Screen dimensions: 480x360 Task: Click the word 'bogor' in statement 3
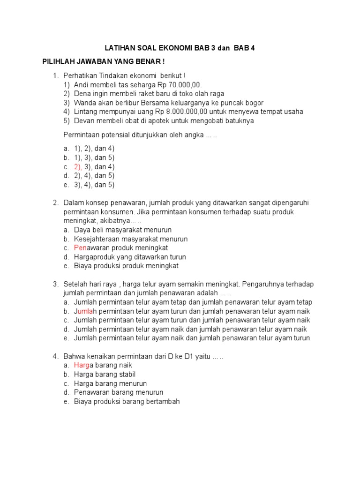pos(254,103)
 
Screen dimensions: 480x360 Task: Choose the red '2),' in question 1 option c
pos(78,167)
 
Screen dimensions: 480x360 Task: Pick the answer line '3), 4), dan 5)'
pos(94,185)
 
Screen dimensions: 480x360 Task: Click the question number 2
pos(55,203)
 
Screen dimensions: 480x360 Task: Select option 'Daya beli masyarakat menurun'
pos(123,230)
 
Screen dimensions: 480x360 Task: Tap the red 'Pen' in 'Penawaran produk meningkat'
pos(80,248)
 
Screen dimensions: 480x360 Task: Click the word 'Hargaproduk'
pos(93,257)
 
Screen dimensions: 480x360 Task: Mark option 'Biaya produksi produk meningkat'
pos(126,266)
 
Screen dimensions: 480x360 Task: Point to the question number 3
pos(55,284)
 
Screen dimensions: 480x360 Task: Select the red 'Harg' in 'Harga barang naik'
pos(82,365)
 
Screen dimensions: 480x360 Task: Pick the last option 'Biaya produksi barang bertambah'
pos(127,401)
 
